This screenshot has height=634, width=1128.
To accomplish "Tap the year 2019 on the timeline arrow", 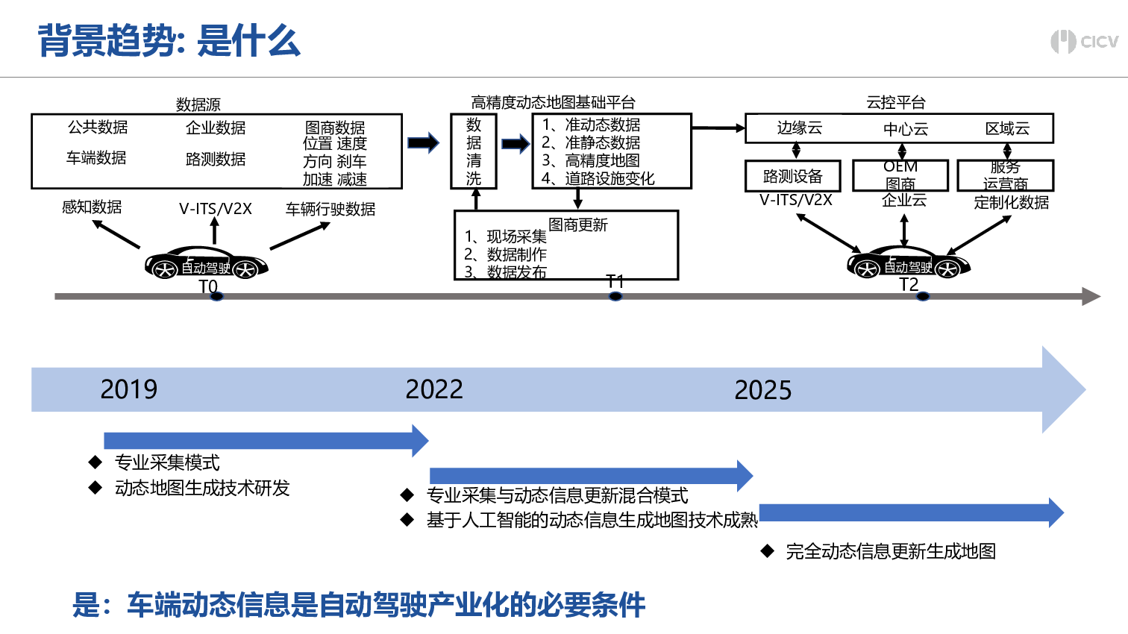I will click(x=129, y=389).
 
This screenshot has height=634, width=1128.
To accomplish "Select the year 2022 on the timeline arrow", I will click(x=434, y=389).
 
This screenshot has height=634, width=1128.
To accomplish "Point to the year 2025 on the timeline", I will click(x=762, y=390).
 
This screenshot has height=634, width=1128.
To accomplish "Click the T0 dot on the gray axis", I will click(x=216, y=297).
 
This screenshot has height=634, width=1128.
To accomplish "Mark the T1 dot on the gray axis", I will click(x=615, y=297).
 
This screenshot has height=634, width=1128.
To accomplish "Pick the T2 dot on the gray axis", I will click(x=923, y=297).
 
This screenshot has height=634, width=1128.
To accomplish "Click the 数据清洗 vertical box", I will click(x=474, y=151).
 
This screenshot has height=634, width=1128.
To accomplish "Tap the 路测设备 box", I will click(x=792, y=177).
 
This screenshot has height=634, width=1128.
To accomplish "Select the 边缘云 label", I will click(x=799, y=128).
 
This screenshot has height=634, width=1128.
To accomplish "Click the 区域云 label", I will click(x=1007, y=129).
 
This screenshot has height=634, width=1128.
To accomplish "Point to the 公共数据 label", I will click(x=98, y=128).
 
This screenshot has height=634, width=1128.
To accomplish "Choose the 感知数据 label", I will click(x=92, y=207).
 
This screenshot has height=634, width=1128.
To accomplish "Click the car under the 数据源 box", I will click(x=206, y=263).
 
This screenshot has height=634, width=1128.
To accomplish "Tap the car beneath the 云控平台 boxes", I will click(x=908, y=262).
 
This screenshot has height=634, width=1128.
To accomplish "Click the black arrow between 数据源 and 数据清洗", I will click(x=424, y=142).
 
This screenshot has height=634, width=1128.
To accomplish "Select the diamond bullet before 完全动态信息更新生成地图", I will click(x=768, y=551).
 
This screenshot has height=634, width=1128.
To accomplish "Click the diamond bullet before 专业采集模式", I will click(x=95, y=462).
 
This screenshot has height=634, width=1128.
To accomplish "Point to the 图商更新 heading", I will click(x=578, y=225).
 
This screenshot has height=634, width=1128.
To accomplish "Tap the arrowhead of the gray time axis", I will click(x=1091, y=297).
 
